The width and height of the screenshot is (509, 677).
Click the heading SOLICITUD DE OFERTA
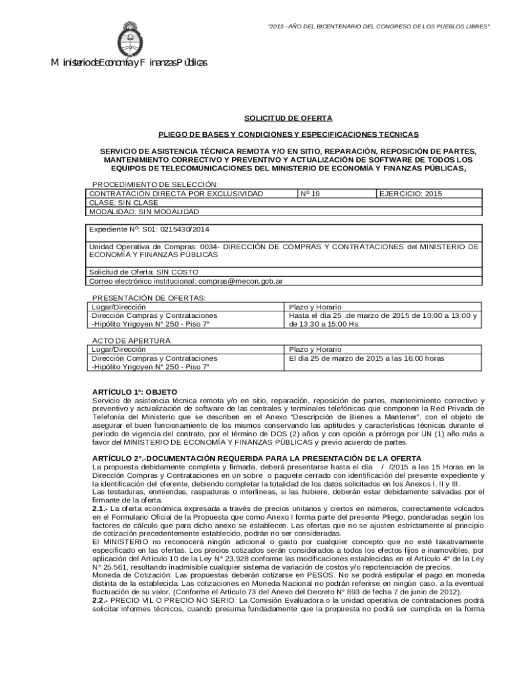click(x=288, y=118)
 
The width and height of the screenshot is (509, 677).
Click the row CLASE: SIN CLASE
click(x=124, y=203)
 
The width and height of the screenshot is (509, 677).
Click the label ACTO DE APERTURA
click(x=131, y=340)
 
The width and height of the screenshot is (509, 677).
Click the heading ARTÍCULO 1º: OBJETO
click(x=135, y=391)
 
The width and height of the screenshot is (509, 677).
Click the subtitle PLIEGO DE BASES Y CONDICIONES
click(x=288, y=134)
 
